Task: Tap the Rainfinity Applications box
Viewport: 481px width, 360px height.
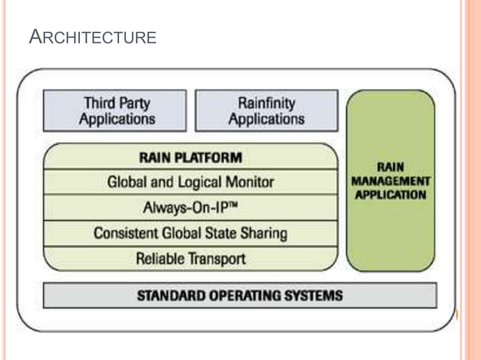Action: pyautogui.click(x=266, y=111)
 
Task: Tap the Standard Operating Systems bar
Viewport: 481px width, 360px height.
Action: pyautogui.click(x=240, y=294)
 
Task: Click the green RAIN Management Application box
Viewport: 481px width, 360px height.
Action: pyautogui.click(x=391, y=181)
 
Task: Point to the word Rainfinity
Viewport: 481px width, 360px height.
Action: pyautogui.click(x=266, y=103)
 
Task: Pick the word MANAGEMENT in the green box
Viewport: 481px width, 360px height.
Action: pyautogui.click(x=391, y=182)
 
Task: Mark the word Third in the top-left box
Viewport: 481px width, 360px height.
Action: pyautogui.click(x=97, y=103)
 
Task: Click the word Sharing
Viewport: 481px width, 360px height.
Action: pyautogui.click(x=264, y=233)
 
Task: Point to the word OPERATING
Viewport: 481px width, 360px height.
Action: pyautogui.click(x=240, y=294)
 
